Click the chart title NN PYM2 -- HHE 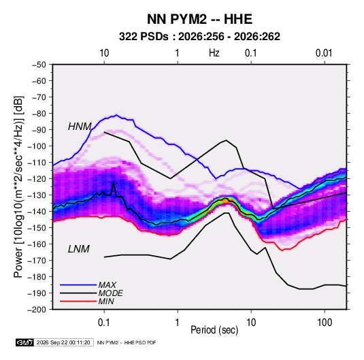[x=199, y=19]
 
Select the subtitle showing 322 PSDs [x=199, y=37]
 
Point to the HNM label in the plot [x=80, y=127]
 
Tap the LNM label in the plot [x=79, y=249]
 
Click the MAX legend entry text [x=107, y=284]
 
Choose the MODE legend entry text [x=110, y=293]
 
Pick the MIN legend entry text [x=106, y=301]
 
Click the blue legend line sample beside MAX [x=78, y=284]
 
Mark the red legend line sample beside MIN [x=78, y=301]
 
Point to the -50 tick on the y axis [x=39, y=65]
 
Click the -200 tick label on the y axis [x=37, y=310]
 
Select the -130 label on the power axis [x=37, y=195]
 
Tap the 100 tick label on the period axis [x=325, y=323]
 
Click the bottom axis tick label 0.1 [x=104, y=323]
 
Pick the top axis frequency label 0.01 [x=324, y=53]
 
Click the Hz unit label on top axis [x=214, y=53]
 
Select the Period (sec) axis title [x=214, y=330]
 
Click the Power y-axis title [x=18, y=187]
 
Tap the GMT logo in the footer [x=24, y=342]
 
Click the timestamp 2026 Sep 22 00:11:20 [x=63, y=342]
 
